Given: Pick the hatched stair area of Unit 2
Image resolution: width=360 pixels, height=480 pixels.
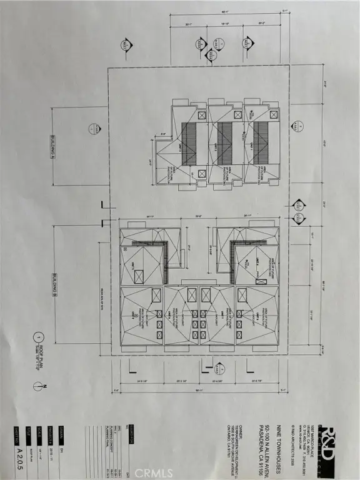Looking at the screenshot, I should click(x=225, y=134).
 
